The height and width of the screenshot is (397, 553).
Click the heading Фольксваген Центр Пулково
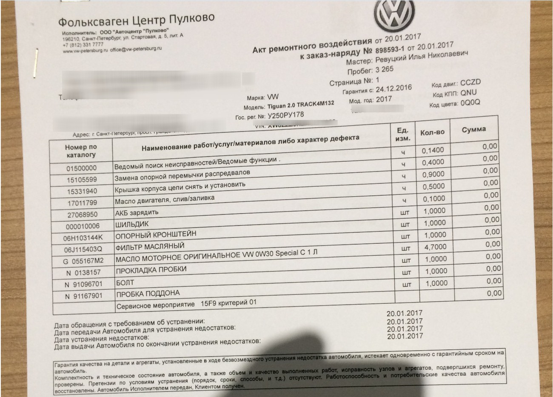pyautogui.click(x=136, y=20)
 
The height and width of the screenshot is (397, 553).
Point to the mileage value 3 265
pyautogui.click(x=385, y=69)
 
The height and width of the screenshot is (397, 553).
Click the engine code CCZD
pyautogui.click(x=470, y=82)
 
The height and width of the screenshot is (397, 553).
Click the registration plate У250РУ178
pyautogui.click(x=285, y=116)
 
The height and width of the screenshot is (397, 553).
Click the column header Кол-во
pyautogui.click(x=432, y=132)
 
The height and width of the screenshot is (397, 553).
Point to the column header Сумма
pyautogui.click(x=473, y=129)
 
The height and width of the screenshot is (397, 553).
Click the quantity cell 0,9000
pyautogui.click(x=433, y=174)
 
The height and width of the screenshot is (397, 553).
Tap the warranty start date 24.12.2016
pyautogui.click(x=393, y=89)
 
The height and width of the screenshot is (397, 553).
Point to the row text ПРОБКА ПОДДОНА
pyautogui.click(x=148, y=294)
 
